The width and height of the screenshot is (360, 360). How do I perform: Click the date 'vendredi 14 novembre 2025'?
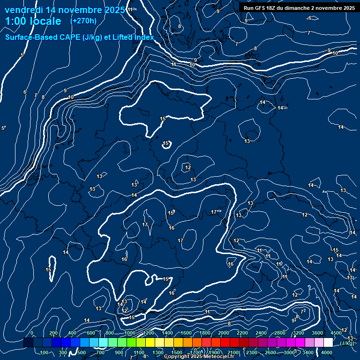pos(65,10)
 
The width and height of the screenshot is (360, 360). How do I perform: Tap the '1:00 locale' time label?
pos(33,21)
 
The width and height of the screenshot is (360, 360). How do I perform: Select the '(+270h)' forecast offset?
pos(83,21)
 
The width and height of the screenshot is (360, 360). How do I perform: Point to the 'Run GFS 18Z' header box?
pos(299,8)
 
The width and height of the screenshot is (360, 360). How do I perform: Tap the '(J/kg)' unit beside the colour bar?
pos(347,343)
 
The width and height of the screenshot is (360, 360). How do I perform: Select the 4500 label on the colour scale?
pos(336,333)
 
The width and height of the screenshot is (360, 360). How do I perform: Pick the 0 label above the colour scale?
pos(32,333)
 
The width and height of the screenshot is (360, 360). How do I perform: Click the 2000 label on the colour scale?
pos(224,333)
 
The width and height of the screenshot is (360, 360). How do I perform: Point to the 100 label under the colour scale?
pos(45,352)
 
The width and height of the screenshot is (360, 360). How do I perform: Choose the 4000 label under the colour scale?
pos(327,352)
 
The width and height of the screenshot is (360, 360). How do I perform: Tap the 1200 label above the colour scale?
pos(149,333)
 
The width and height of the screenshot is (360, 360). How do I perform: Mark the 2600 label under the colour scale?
pos(270,352)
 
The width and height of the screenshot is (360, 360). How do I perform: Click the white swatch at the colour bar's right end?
pos(328,343)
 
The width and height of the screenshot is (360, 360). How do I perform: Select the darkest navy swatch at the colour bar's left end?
pos(28,343)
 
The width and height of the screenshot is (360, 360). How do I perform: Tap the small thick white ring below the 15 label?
pos(166,145)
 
